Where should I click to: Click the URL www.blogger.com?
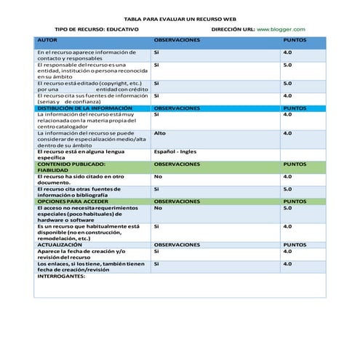(x=281, y=29)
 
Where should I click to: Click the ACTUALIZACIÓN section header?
(x=60, y=245)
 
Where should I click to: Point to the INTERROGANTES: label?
(x=60, y=276)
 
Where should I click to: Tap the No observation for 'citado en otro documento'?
(x=157, y=177)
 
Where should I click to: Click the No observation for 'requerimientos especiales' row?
(x=157, y=208)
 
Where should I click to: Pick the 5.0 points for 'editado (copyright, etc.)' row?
(x=287, y=84)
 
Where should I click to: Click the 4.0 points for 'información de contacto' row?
(x=287, y=52)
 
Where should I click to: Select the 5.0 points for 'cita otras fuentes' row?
(x=287, y=189)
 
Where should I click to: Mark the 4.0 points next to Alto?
(x=287, y=133)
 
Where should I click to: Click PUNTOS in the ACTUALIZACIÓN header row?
(x=295, y=245)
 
